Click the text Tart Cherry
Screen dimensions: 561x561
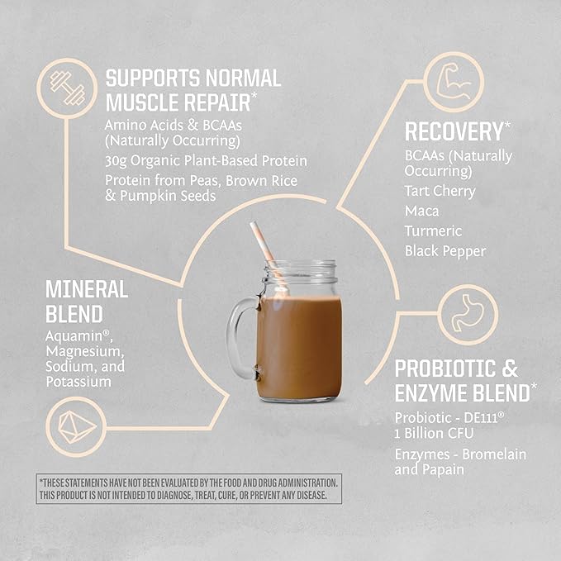(x=440, y=191)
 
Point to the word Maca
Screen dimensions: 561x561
(x=421, y=211)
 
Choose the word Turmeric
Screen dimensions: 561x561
(x=432, y=231)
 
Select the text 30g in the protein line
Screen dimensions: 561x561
(x=116, y=161)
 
